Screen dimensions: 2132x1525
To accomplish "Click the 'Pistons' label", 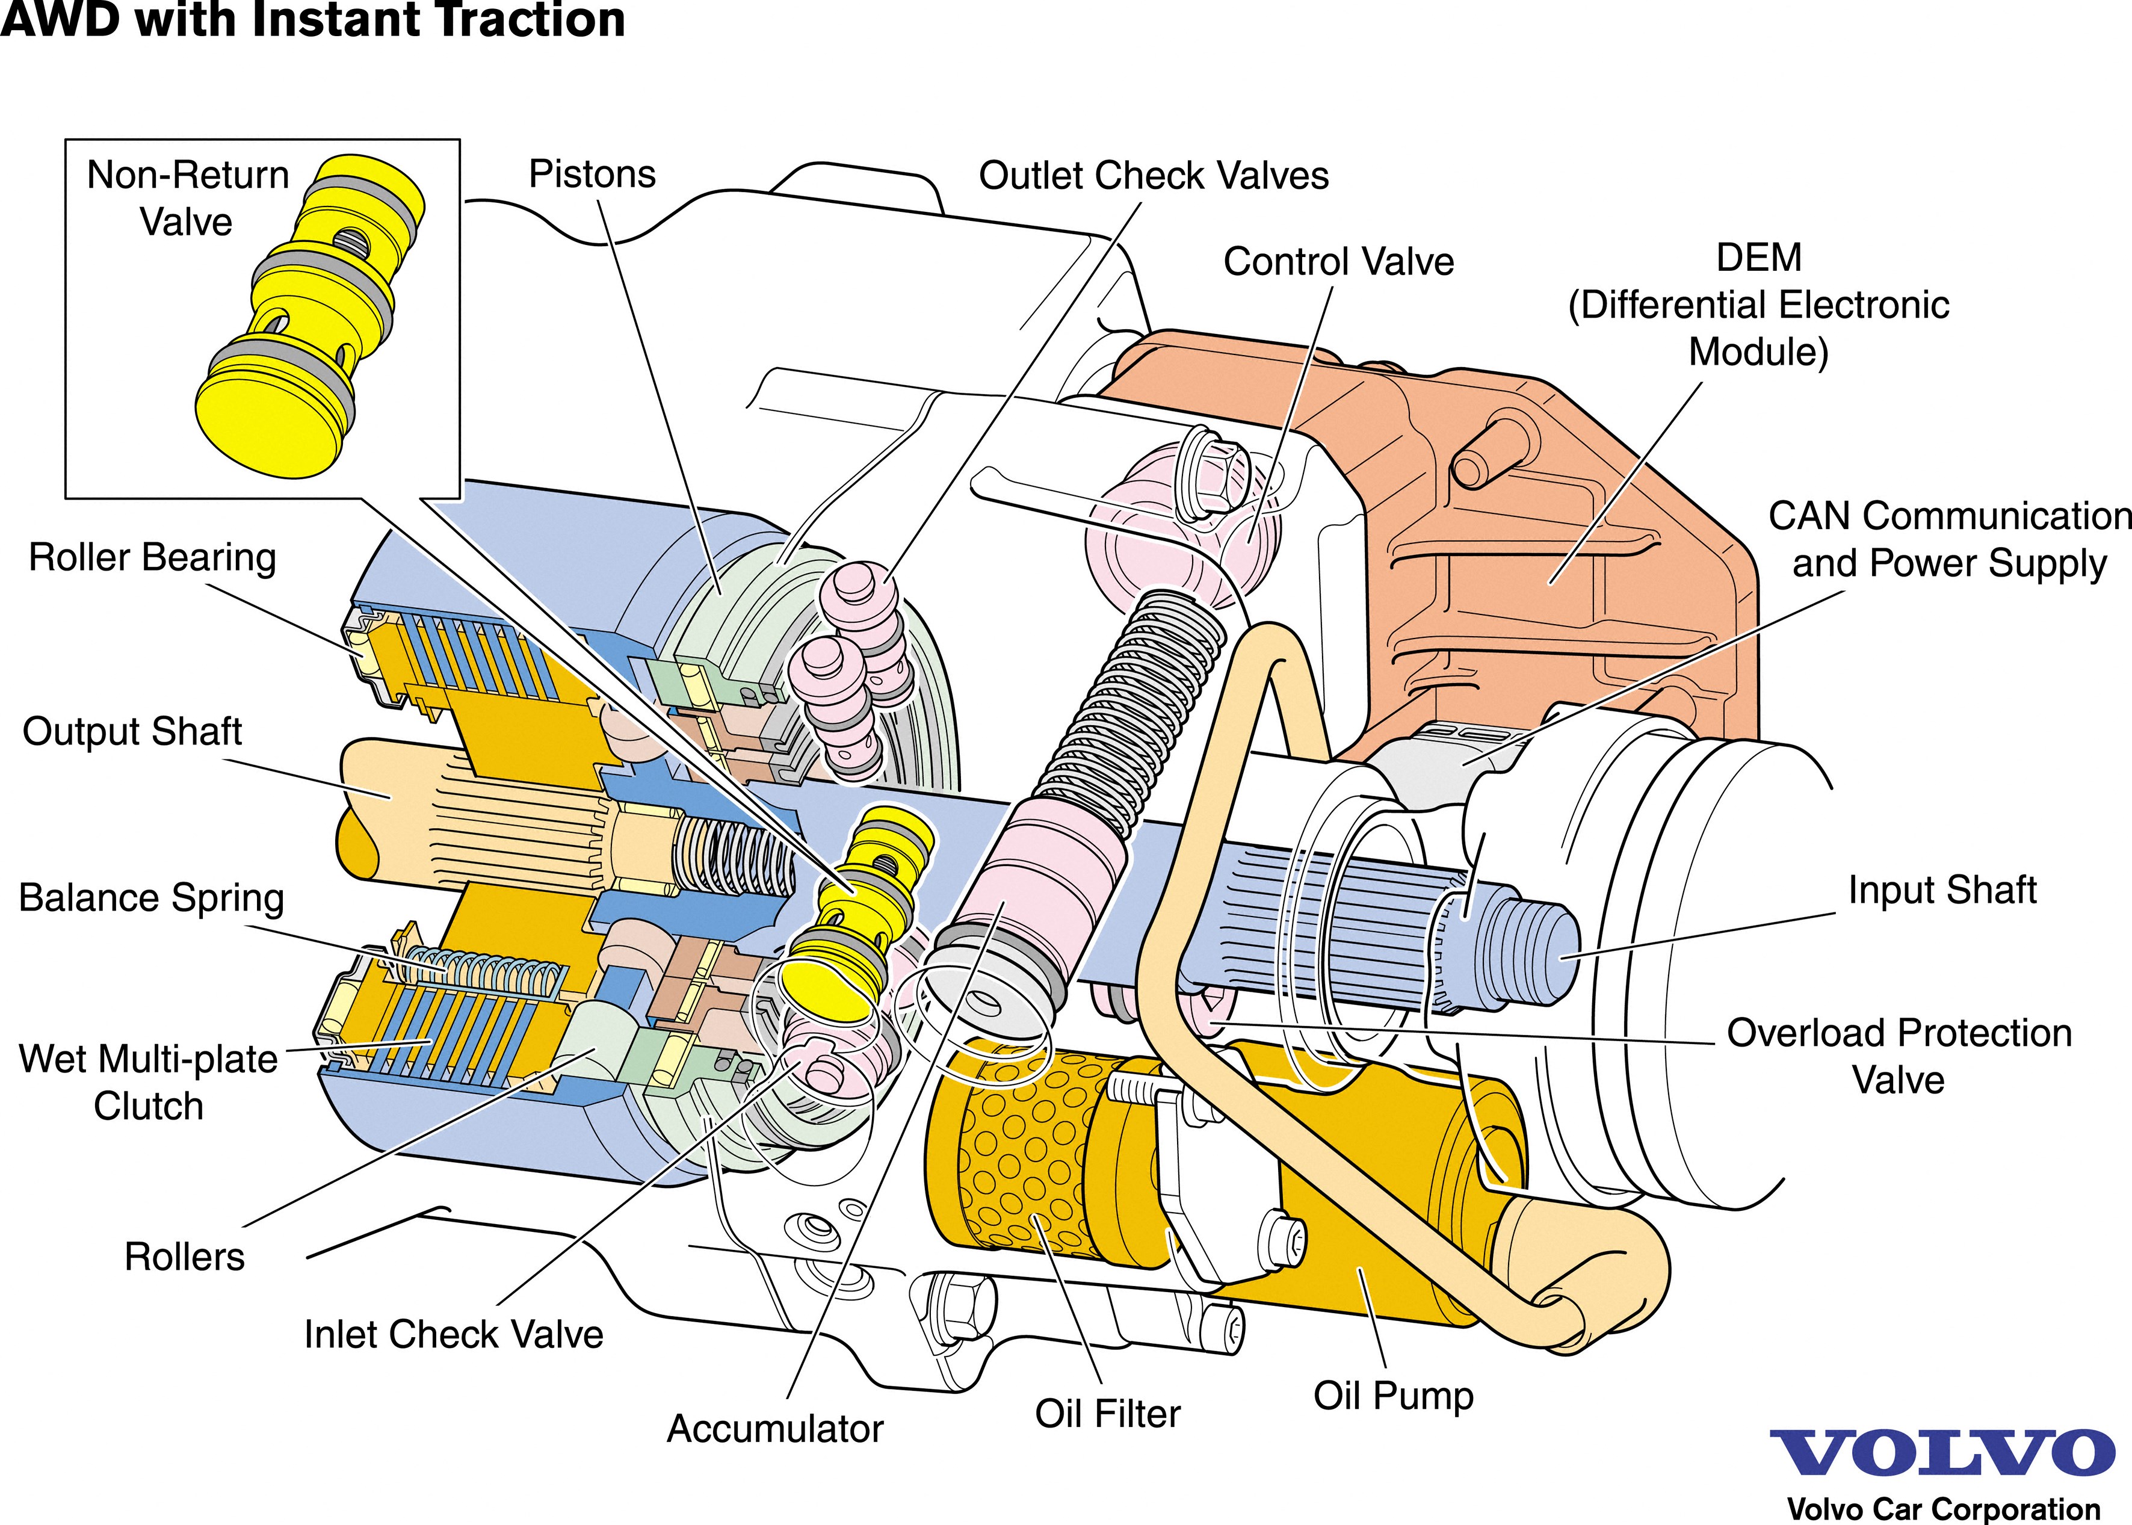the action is pyautogui.click(x=592, y=175).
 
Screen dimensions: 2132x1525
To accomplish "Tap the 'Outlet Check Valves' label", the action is pyautogui.click(x=1154, y=176).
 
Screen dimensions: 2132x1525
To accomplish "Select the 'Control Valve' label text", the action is pyautogui.click(x=1339, y=262).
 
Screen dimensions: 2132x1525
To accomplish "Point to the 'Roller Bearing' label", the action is pyautogui.click(x=153, y=558).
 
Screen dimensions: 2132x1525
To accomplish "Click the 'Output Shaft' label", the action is pyautogui.click(x=132, y=732).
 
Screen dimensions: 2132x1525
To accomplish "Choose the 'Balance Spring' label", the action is pyautogui.click(x=151, y=898).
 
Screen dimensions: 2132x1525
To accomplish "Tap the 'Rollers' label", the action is pyautogui.click(x=184, y=1257).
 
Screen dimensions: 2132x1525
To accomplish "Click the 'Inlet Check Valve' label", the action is pyautogui.click(x=454, y=1334).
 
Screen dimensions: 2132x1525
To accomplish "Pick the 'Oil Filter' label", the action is pyautogui.click(x=1108, y=1414).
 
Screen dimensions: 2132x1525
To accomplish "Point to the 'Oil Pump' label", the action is pyautogui.click(x=1393, y=1396).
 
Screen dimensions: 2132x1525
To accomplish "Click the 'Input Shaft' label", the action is pyautogui.click(x=1942, y=890).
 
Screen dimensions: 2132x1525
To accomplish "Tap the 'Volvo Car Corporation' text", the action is pyautogui.click(x=1943, y=1508).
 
